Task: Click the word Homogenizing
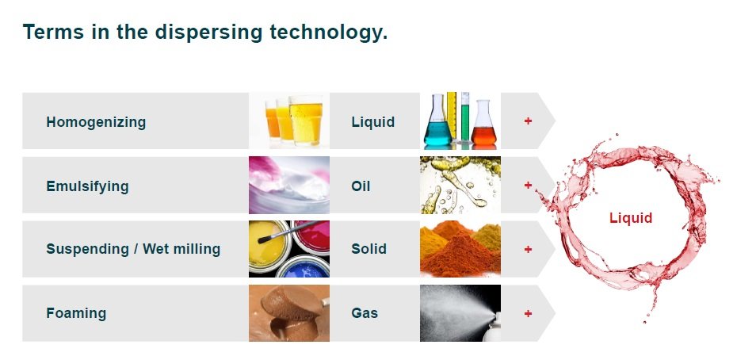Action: tap(96, 122)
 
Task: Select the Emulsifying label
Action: tap(87, 186)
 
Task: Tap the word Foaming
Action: tap(76, 313)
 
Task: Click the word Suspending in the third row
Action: tap(87, 249)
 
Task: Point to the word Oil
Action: tap(361, 186)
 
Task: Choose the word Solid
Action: tap(369, 249)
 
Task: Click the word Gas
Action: tap(365, 313)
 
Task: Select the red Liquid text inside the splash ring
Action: tap(631, 218)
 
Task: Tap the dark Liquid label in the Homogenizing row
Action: tap(372, 122)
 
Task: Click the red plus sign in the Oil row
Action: tap(528, 185)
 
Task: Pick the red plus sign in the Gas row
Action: tap(528, 313)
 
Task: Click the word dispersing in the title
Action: tap(208, 33)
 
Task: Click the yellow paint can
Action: tap(269, 245)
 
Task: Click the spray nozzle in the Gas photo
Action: tap(494, 324)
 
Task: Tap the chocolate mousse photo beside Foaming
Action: tap(289, 313)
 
